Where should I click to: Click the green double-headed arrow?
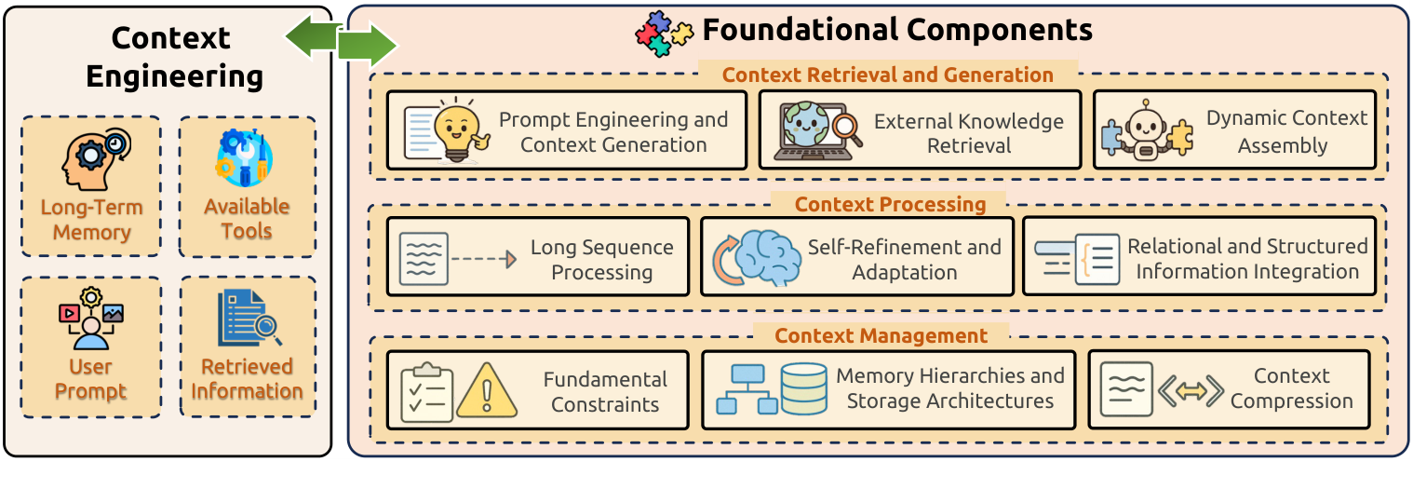[341, 41]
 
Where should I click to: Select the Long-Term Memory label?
[91, 220]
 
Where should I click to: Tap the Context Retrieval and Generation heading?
[888, 75]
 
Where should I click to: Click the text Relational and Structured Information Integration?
[1247, 259]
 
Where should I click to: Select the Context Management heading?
[881, 335]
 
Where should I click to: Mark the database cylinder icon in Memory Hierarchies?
[803, 389]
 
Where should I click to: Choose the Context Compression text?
[1291, 388]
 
